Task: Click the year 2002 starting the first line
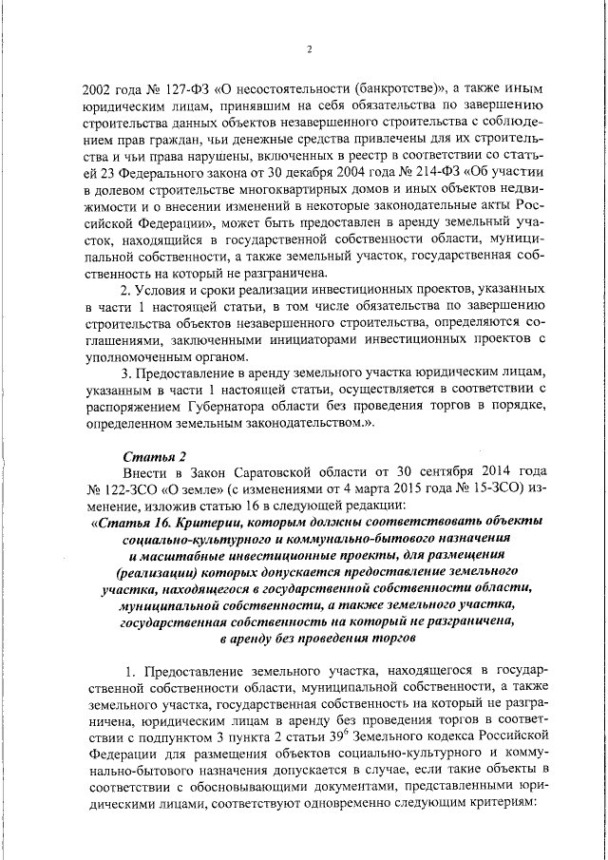[x=100, y=89]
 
